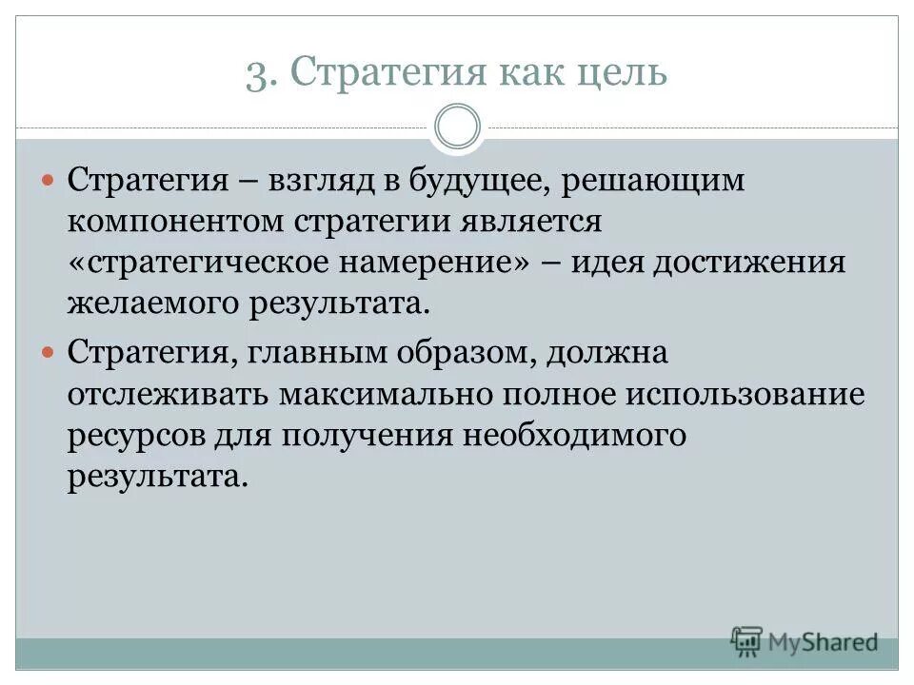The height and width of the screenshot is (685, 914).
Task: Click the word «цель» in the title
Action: click(x=618, y=73)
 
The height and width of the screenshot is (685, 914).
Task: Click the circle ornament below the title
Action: click(x=457, y=127)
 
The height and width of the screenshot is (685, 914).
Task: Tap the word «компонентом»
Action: click(x=176, y=222)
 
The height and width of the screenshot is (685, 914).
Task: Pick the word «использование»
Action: click(x=744, y=393)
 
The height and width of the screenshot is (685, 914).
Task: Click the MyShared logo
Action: click(x=805, y=643)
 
